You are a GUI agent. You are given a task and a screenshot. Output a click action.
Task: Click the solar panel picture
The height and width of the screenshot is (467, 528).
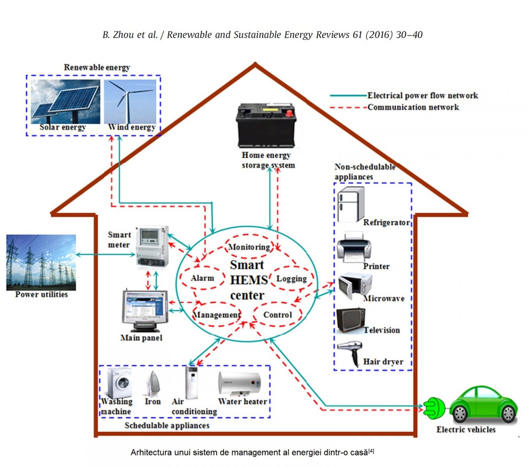tap(65, 101)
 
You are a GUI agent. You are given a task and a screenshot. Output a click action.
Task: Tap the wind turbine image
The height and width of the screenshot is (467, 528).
tap(130, 101)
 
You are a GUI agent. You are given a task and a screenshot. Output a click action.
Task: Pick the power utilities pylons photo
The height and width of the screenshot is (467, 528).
tap(41, 262)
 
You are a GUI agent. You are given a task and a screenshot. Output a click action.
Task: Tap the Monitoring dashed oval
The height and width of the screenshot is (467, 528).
tap(249, 246)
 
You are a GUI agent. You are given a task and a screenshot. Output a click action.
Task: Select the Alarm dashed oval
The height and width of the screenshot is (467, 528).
tap(202, 278)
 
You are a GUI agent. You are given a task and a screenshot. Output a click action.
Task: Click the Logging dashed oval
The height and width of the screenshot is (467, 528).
tap(291, 278)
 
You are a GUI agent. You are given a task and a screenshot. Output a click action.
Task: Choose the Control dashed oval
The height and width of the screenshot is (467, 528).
tap(277, 314)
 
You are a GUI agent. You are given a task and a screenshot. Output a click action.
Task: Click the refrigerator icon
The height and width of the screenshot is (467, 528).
tap(351, 205)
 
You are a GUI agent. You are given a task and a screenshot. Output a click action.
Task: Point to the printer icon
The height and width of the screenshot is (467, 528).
tap(354, 247)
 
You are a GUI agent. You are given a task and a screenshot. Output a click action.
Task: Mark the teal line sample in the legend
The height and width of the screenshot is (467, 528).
tap(348, 96)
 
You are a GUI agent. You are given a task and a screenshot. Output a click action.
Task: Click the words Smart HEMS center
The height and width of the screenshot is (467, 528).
tap(247, 280)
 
